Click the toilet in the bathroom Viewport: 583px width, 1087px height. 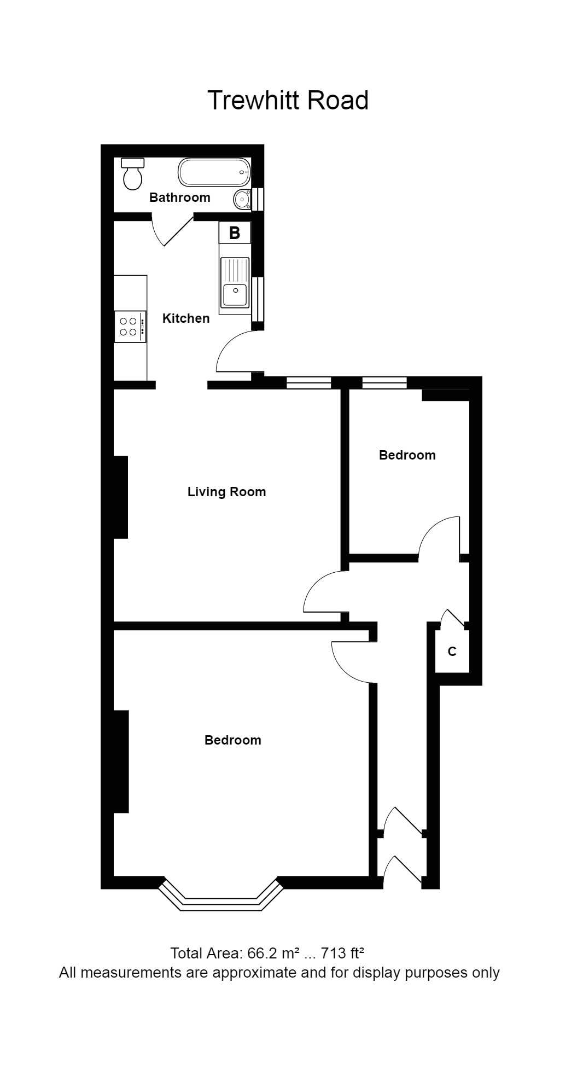pyautogui.click(x=132, y=174)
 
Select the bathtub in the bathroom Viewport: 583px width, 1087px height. pyautogui.click(x=214, y=172)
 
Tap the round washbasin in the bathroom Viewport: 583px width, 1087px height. pyautogui.click(x=242, y=200)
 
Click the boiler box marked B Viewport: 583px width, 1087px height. pyautogui.click(x=235, y=232)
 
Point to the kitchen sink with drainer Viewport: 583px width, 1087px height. pyautogui.click(x=234, y=282)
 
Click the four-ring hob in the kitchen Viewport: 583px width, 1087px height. pyautogui.click(x=130, y=327)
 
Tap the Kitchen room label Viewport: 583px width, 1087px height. pyautogui.click(x=186, y=318)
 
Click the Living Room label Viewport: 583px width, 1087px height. pyautogui.click(x=226, y=492)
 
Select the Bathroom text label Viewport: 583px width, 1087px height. pyautogui.click(x=179, y=197)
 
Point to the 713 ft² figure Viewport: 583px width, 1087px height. pyautogui.click(x=342, y=954)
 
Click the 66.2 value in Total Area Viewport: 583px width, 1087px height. pyautogui.click(x=261, y=954)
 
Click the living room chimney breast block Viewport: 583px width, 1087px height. pyautogui.click(x=120, y=497)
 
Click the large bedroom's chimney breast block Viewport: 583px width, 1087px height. pyautogui.click(x=121, y=761)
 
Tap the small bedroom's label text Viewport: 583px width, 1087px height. pyautogui.click(x=407, y=455)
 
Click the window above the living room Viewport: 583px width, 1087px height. pyautogui.click(x=309, y=383)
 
